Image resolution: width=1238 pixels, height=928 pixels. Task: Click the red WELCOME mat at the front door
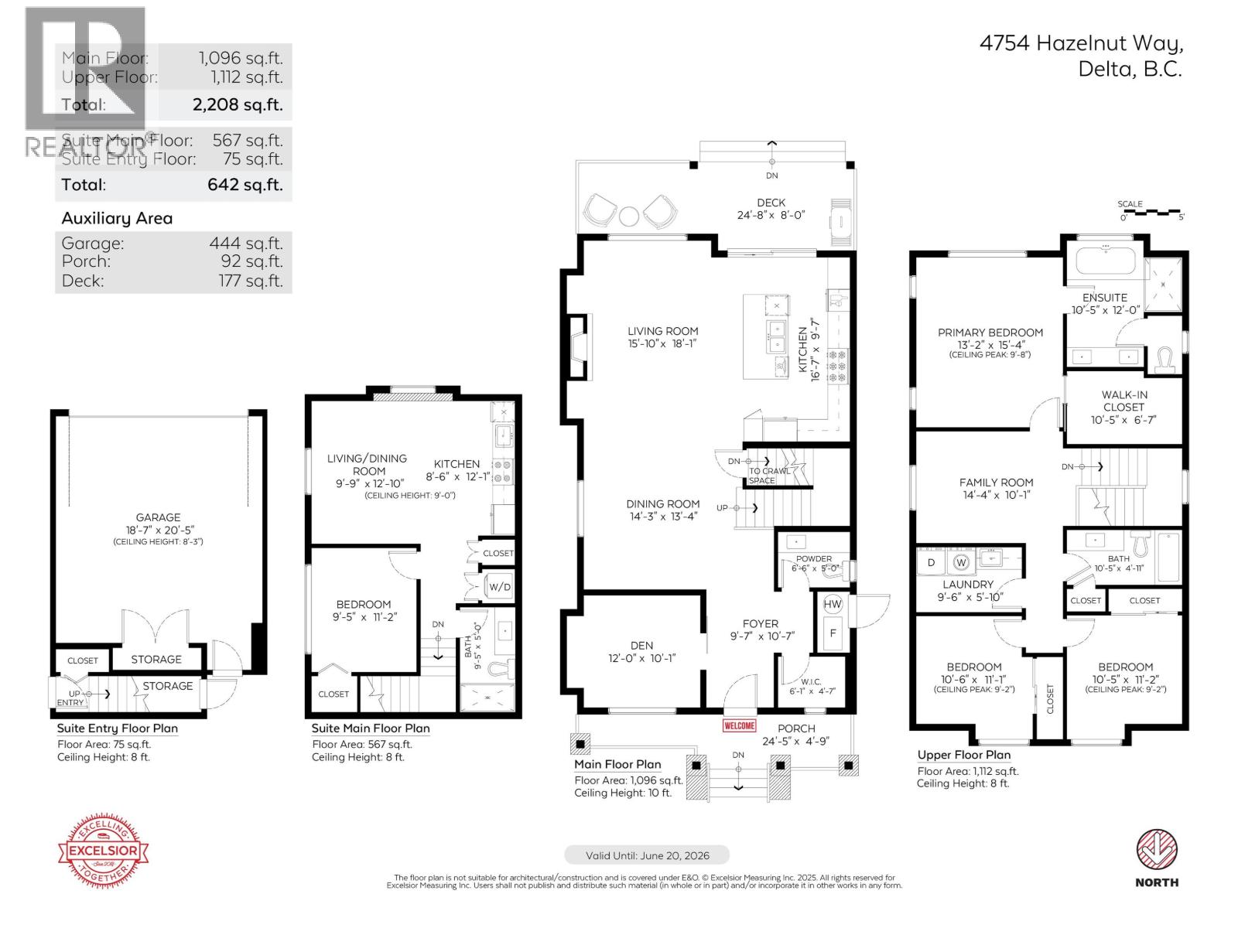pos(739,726)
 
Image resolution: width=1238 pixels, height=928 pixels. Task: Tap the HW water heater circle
pos(832,604)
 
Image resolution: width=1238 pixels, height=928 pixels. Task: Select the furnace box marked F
pos(833,633)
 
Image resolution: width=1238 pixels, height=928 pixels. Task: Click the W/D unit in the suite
pos(500,587)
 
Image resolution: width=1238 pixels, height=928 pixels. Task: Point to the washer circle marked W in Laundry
pos(962,561)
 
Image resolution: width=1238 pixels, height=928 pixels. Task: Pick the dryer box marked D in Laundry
pos(932,562)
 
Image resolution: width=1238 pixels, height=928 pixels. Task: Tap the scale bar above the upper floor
pos(1151,211)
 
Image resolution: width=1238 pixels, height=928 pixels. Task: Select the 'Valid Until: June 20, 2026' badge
pos(647,855)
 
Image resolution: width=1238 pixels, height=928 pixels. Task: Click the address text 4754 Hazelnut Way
pos(1081,43)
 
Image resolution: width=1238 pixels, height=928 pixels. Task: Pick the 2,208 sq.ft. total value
pos(238,104)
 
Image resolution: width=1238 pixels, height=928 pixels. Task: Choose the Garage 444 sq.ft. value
pos(245,243)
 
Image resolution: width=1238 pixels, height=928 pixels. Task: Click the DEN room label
pos(641,645)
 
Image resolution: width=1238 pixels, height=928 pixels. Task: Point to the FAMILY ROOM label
pos(996,482)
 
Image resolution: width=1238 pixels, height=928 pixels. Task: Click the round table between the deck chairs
pos(629,214)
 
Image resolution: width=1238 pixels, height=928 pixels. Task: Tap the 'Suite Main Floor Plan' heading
pos(371,728)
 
